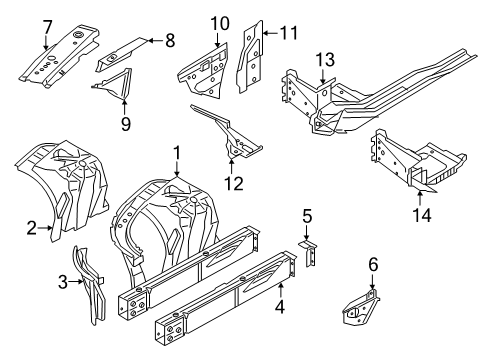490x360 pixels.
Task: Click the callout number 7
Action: click(x=47, y=27)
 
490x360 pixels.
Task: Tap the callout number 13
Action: click(x=325, y=60)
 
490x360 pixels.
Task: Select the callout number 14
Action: click(x=422, y=215)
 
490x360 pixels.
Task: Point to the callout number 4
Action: click(x=280, y=306)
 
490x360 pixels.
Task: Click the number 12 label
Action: click(x=233, y=183)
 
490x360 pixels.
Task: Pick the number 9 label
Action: click(x=126, y=124)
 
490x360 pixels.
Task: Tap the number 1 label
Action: click(x=177, y=153)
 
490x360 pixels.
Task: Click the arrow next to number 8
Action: click(x=155, y=40)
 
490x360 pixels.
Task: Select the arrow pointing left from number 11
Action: click(x=270, y=33)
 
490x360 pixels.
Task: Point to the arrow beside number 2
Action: click(x=45, y=228)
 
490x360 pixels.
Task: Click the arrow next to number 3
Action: click(x=76, y=282)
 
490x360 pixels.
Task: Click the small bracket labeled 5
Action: click(x=308, y=253)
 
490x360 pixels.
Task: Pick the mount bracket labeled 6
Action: click(x=361, y=307)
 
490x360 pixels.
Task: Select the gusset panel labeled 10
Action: click(x=204, y=71)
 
